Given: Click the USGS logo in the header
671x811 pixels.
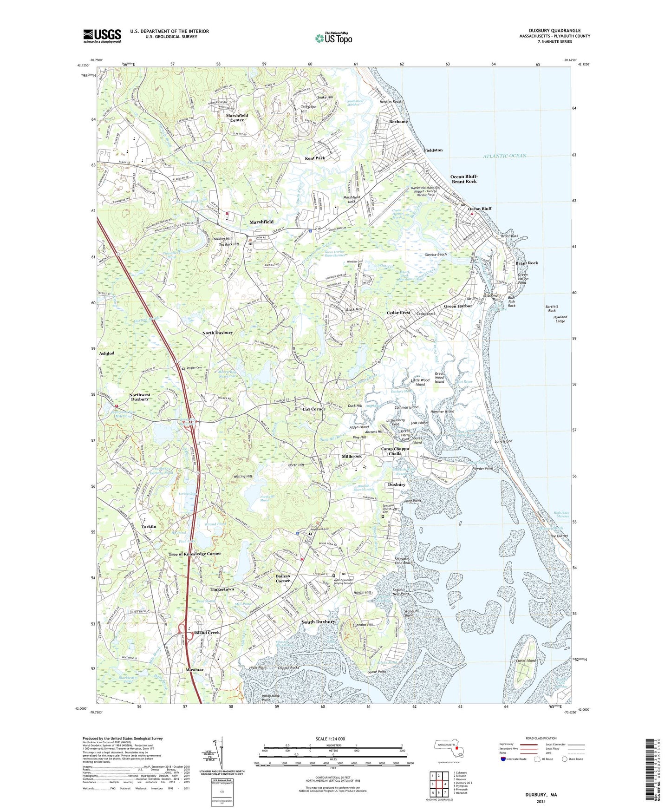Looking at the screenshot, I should point(102,36).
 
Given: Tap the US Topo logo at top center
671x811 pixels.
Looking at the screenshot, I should point(333,38).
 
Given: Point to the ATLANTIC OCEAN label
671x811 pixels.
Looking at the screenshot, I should point(504,156).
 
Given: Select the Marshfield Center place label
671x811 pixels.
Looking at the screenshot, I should point(237,118).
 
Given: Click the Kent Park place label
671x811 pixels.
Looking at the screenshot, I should point(315,158).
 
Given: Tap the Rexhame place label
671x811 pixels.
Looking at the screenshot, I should point(398,122).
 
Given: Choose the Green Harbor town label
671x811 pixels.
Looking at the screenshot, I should point(458,306).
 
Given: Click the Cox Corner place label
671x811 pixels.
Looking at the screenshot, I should point(314,409).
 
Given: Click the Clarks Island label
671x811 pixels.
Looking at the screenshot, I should point(526,661).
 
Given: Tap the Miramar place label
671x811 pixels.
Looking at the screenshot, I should point(195,670).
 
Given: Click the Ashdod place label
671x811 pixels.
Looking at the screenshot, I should point(106,353).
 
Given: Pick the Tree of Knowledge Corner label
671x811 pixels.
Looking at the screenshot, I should point(195,554).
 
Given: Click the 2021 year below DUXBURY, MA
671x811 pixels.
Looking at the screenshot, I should point(541,801).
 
